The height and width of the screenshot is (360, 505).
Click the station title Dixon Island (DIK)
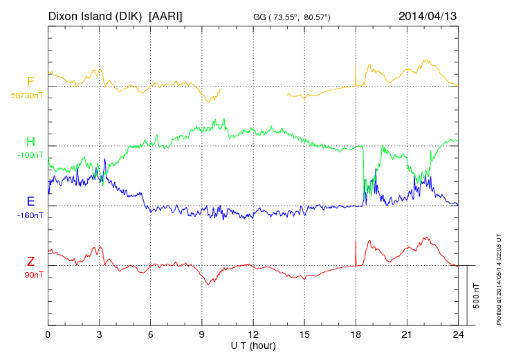coord(95,15)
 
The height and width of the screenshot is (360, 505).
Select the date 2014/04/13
coord(427,15)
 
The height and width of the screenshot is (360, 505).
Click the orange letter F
coord(30,82)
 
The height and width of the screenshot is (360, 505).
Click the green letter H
coord(30,143)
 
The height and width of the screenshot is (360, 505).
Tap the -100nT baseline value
coord(30,155)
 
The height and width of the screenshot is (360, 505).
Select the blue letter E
coord(30,202)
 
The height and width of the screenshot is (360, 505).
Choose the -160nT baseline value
coord(30,215)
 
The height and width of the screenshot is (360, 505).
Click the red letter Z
coord(30,262)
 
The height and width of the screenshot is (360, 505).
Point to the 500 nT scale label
coord(477,296)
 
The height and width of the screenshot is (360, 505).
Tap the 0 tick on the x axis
coord(48,334)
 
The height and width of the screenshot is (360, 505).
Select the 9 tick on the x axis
coord(201,334)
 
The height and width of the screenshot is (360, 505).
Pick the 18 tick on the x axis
coord(356,334)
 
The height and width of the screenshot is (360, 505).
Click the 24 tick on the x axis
coord(458,334)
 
